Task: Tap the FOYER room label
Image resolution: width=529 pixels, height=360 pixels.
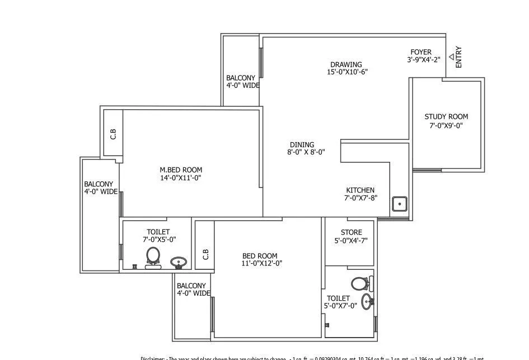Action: (x=421, y=52)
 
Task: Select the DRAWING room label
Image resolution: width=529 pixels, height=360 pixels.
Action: (x=345, y=64)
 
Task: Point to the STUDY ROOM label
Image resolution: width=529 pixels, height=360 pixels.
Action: (x=446, y=117)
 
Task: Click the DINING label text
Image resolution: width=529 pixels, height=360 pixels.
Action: (x=302, y=144)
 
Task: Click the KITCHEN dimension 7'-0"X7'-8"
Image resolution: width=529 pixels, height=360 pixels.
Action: (x=360, y=198)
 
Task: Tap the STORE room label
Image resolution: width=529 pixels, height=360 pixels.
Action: (x=351, y=232)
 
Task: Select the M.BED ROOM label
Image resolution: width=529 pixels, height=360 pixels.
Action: (x=181, y=170)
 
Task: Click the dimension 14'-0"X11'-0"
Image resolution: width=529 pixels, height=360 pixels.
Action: (x=181, y=178)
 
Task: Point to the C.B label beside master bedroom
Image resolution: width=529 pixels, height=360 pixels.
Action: (x=113, y=134)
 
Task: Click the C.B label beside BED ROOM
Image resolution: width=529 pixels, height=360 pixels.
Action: (x=205, y=254)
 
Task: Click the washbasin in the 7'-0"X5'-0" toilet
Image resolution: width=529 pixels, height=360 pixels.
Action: (x=178, y=262)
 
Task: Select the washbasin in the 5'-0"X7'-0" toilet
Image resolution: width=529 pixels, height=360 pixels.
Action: (x=367, y=302)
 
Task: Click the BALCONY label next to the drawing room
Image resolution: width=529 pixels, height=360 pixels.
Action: (x=241, y=78)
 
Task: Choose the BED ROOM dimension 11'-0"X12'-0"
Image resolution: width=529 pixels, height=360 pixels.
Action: (x=261, y=263)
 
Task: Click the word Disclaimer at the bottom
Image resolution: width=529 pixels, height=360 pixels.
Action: (x=152, y=358)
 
